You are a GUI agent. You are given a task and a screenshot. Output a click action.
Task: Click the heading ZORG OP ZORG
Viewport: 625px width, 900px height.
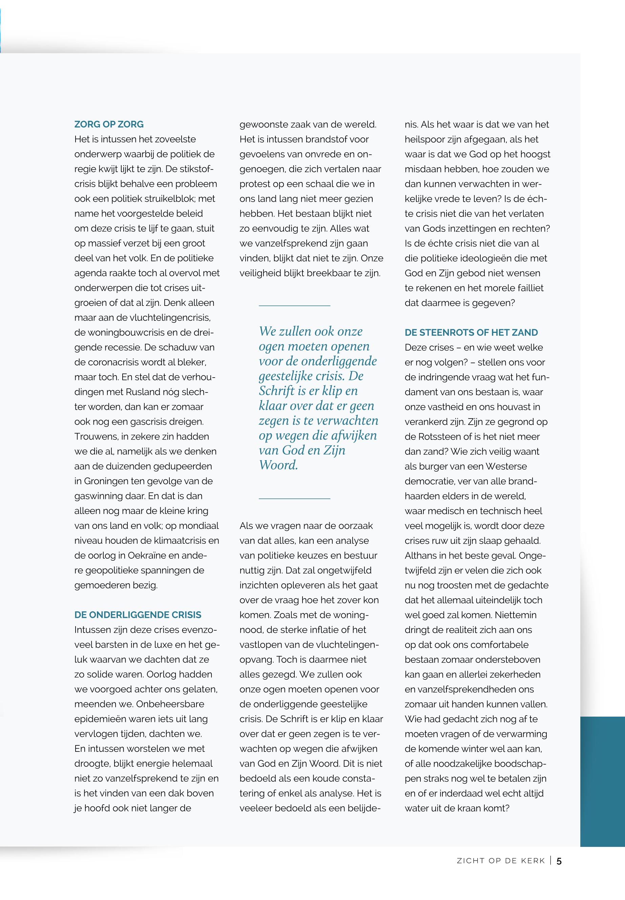pos(109,125)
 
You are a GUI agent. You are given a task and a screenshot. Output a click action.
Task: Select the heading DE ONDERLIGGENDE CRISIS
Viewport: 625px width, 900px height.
pos(138,615)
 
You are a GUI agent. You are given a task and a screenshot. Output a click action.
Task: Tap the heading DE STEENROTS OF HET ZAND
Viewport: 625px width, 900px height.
pos(471,333)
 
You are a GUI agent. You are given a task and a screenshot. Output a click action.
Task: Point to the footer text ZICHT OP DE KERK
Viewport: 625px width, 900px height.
pos(501,861)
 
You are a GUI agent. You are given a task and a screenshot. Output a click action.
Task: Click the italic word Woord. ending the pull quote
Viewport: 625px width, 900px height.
pos(278,466)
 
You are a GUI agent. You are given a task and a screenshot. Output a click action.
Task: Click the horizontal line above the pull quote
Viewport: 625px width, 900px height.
pos(294,306)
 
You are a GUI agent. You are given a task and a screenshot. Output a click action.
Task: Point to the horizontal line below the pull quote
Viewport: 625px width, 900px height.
pos(294,499)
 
